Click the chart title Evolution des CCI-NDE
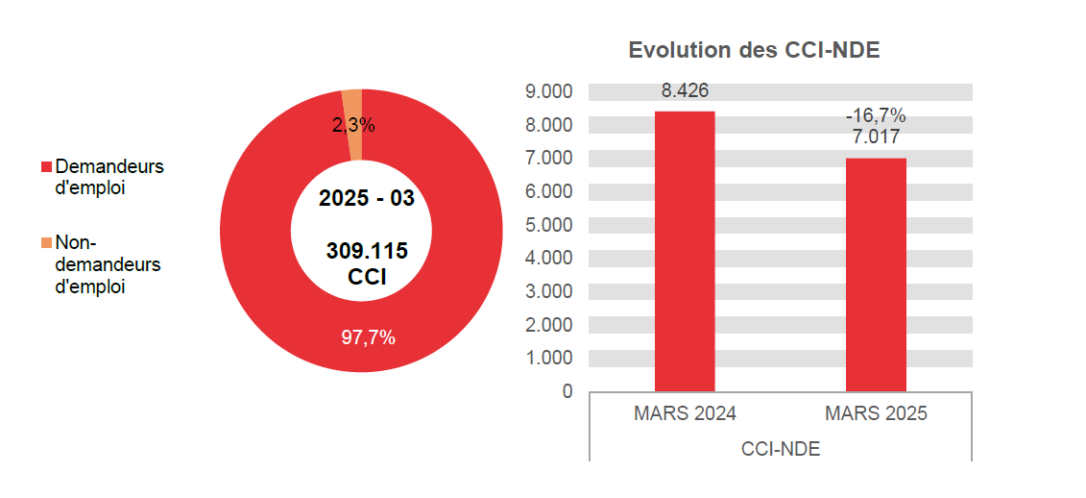754,51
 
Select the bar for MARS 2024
685,251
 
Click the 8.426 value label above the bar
685,91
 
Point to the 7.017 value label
876,137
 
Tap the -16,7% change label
876,116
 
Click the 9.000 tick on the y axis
549,92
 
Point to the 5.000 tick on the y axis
549,225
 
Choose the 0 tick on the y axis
567,391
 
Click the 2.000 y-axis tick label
549,325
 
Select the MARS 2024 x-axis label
685,414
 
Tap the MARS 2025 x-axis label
876,414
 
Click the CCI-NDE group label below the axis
781,449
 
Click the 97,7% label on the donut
368,337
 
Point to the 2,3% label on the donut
353,126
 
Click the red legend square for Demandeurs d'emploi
45,167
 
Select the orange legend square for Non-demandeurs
45,242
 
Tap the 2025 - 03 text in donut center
366,199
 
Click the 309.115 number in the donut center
367,252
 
